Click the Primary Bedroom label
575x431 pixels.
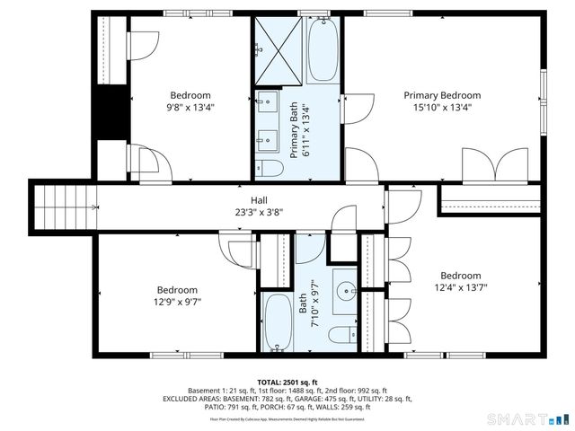pos(441,95)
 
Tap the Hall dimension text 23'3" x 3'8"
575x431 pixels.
pos(258,213)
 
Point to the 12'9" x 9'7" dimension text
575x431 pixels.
pos(177,303)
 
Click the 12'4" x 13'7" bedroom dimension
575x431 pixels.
pos(460,288)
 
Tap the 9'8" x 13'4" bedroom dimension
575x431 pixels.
pos(190,107)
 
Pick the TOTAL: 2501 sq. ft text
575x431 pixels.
pos(287,382)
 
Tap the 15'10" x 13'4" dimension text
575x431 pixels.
pos(441,107)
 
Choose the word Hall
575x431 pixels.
pos(259,200)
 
